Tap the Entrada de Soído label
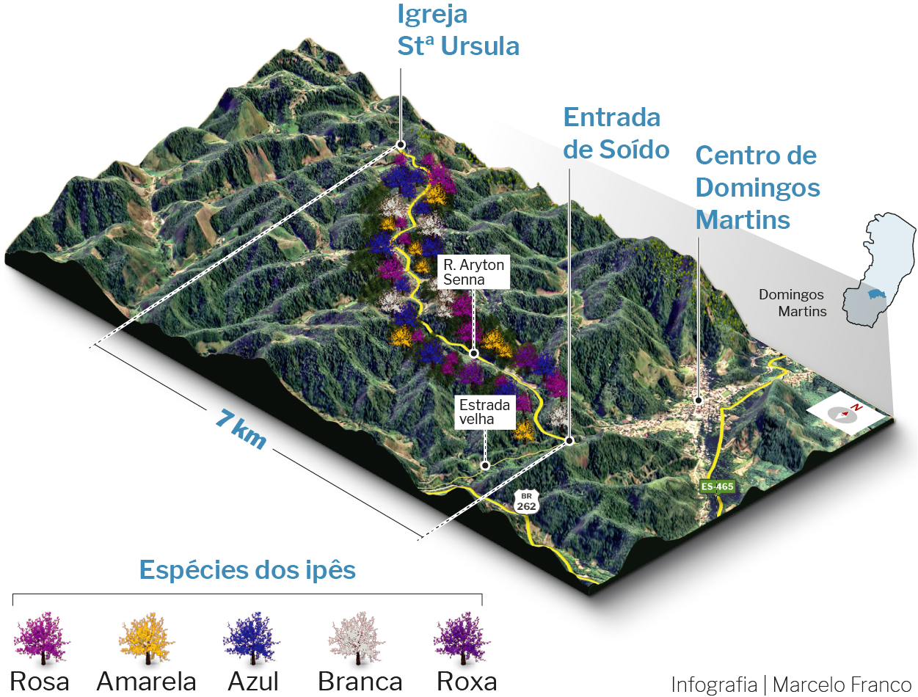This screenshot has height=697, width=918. (616, 134)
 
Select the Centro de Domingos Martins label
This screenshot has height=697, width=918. (757, 188)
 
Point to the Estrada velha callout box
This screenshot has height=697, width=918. (484, 412)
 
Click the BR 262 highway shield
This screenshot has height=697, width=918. (525, 502)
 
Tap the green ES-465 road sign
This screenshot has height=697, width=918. (715, 486)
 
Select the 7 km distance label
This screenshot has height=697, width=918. (240, 428)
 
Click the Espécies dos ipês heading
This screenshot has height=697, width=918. (247, 570)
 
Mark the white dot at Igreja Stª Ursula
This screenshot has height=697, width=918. (401, 145)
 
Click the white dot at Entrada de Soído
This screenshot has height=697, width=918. (569, 439)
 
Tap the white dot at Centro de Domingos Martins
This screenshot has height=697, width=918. (699, 401)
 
